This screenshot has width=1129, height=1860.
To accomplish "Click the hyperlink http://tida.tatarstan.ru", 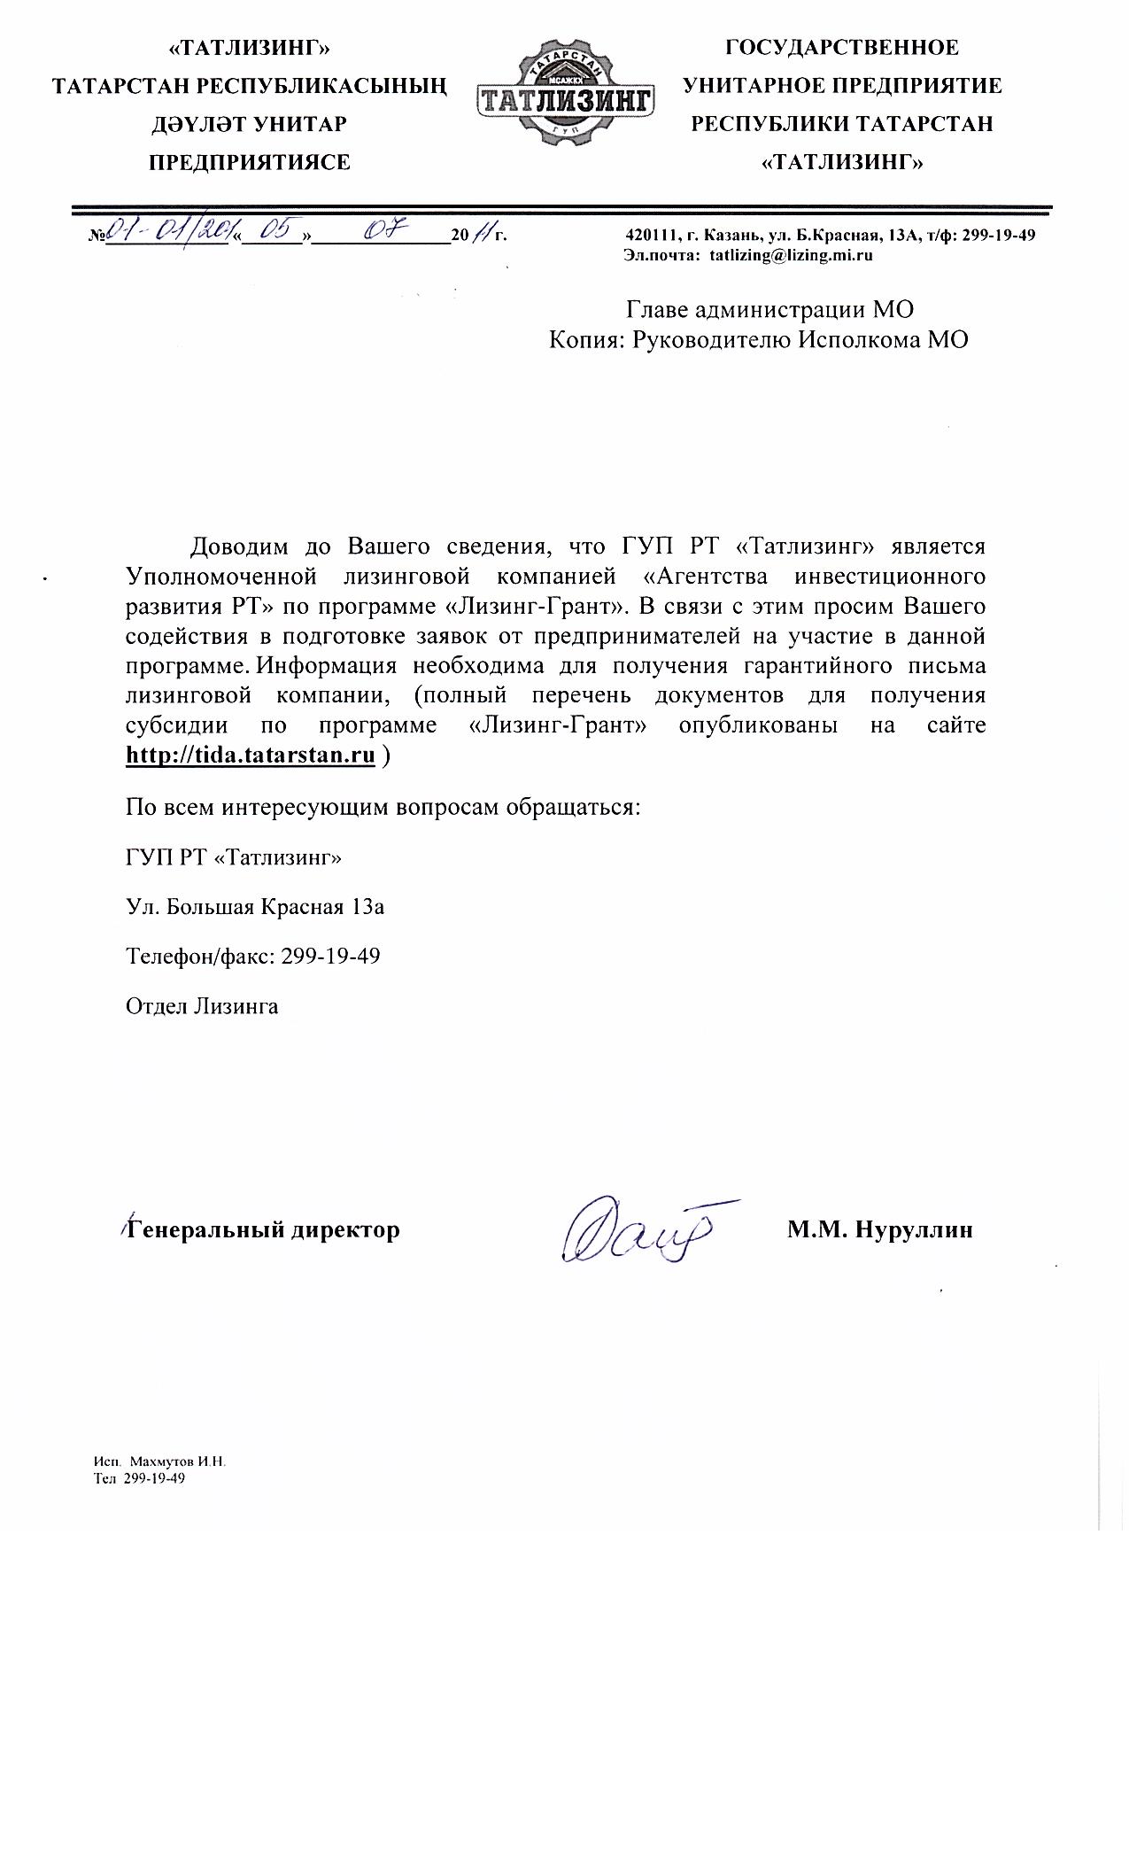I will tap(251, 756).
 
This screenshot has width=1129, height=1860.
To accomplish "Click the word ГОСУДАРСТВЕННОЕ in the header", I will tap(841, 47).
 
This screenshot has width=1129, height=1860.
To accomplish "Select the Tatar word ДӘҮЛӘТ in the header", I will tap(200, 124).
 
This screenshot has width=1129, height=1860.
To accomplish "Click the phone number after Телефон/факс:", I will tap(330, 957).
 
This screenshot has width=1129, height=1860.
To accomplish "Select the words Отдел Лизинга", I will tap(202, 1006).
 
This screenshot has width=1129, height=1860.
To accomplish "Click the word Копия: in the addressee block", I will tap(586, 340).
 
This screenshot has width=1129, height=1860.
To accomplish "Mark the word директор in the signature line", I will tap(345, 1229).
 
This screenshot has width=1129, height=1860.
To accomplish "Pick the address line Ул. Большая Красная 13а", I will tap(255, 907).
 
